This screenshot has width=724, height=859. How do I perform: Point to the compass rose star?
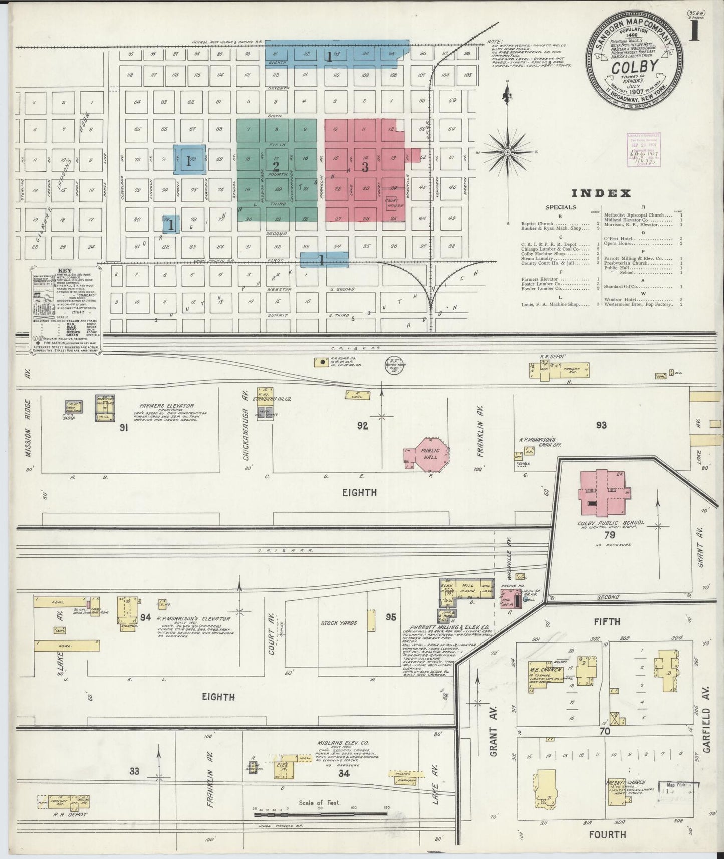coord(507,152)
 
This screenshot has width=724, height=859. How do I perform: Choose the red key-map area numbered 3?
coord(365,167)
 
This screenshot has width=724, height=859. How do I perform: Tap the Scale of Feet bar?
coord(321,814)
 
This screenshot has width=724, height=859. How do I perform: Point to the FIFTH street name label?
coord(607,621)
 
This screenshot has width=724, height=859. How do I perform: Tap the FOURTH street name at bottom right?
coord(607,834)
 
